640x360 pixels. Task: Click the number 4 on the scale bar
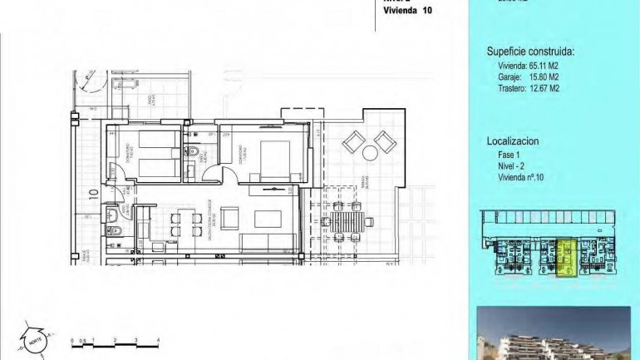(x=158, y=341)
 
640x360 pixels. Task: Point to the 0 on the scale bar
(x=72, y=341)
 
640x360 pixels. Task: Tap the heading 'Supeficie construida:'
(x=530, y=52)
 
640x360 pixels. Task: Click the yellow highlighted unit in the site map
(x=566, y=258)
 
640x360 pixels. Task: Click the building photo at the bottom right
(x=558, y=333)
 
